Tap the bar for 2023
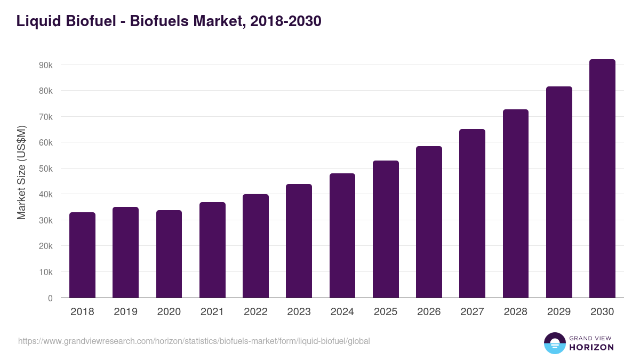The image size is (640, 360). click(x=299, y=241)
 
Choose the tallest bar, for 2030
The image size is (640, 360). click(x=602, y=179)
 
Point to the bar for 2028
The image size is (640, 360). click(x=515, y=204)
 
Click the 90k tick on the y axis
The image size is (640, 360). click(x=45, y=65)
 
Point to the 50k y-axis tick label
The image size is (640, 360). click(x=45, y=169)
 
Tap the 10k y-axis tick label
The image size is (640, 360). click(x=45, y=272)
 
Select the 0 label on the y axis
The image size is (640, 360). click(x=50, y=298)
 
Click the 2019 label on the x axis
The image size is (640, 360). click(x=125, y=312)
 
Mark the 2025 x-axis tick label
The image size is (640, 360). click(x=386, y=312)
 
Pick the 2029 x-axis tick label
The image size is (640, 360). click(x=559, y=312)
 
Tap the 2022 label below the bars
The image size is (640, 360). click(x=255, y=312)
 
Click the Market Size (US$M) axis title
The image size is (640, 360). click(x=21, y=172)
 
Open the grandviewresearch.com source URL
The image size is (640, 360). click(x=194, y=341)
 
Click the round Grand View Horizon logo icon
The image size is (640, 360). click(x=554, y=343)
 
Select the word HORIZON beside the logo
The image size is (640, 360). click(x=591, y=347)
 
